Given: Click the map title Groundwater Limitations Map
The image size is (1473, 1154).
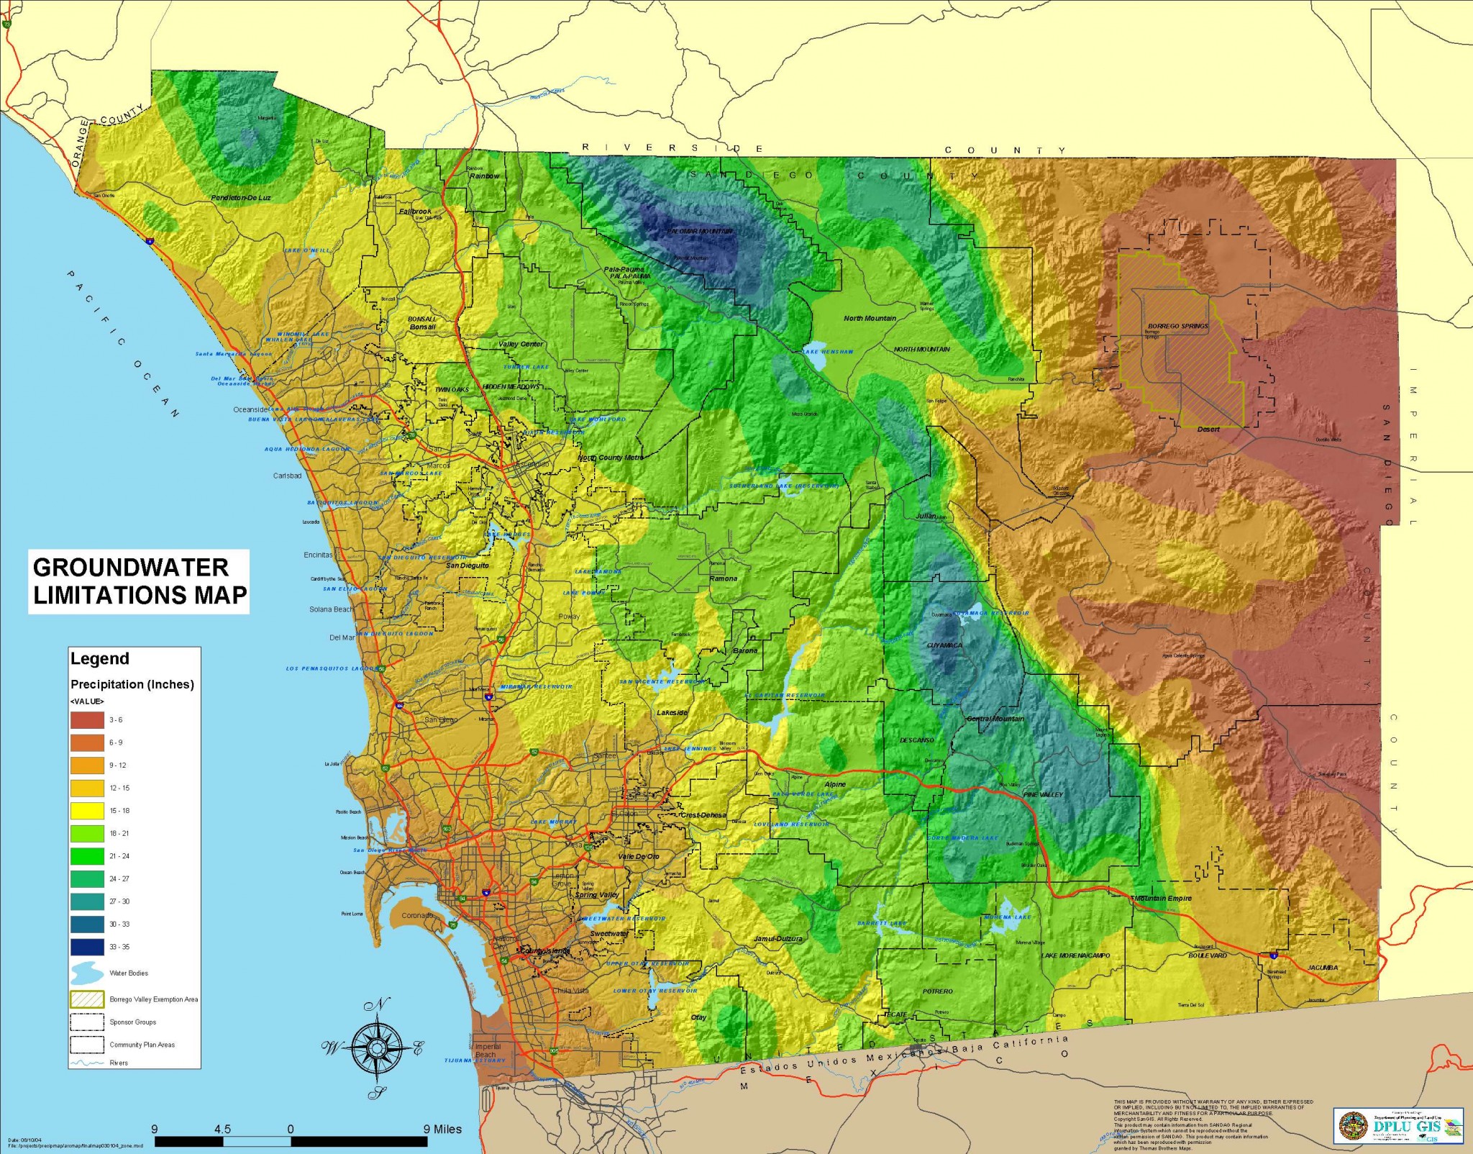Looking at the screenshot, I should click(139, 581).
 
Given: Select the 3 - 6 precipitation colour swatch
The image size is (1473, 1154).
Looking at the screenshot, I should click(87, 719).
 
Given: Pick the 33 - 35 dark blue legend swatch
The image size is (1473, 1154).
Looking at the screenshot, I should click(87, 947).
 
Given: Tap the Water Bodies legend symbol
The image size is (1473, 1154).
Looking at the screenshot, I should click(87, 973).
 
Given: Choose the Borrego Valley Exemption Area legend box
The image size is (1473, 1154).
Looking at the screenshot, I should click(87, 999).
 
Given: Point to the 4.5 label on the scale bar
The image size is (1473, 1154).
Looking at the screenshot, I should click(222, 1129).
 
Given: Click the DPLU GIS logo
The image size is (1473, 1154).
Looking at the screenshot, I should click(1397, 1125).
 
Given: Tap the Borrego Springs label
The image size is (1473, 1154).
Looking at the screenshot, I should click(1177, 326).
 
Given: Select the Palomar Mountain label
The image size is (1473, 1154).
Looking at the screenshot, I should click(700, 232).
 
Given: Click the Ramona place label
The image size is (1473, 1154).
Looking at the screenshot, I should click(723, 578).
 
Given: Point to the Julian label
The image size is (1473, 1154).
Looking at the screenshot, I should click(926, 516).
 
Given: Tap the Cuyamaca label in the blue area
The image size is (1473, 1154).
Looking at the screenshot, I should click(944, 645).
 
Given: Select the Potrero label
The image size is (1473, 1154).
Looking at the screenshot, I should click(937, 991).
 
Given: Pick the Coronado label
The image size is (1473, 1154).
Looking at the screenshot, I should click(417, 916).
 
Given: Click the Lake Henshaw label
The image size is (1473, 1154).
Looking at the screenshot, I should click(828, 352).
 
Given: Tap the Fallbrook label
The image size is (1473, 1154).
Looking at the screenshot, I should click(415, 212).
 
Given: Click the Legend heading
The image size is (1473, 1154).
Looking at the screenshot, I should click(99, 659).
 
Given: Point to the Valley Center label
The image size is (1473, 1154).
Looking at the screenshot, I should click(521, 344).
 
